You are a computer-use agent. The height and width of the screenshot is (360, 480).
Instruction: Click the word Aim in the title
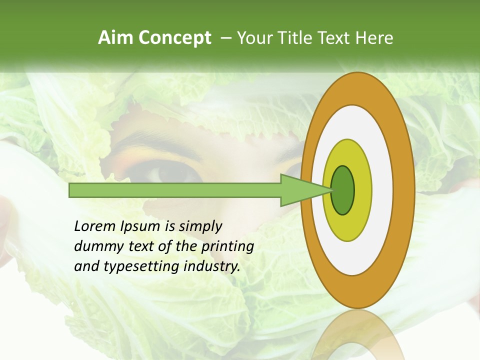pyautogui.click(x=115, y=38)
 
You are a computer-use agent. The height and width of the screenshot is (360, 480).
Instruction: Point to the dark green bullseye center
pyautogui.click(x=343, y=190)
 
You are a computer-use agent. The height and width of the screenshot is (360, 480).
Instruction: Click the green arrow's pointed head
pyautogui.click(x=305, y=190)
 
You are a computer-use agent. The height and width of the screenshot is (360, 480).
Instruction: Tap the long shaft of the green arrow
pyautogui.click(x=175, y=190)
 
